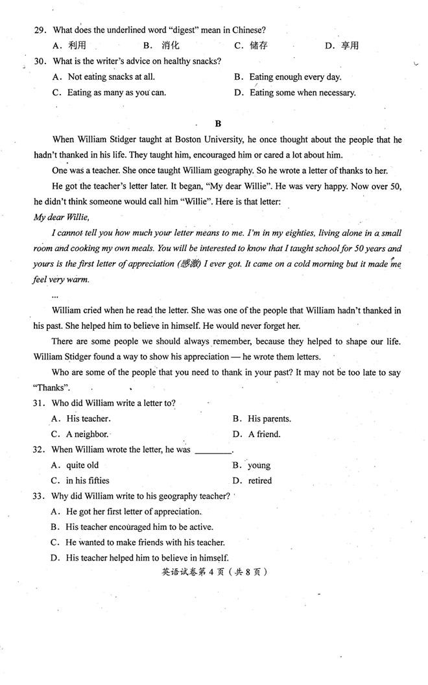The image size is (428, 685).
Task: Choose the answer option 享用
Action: [x=350, y=45]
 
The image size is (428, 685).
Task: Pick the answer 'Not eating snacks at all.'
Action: [x=111, y=77]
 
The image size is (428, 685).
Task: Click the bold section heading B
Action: [x=218, y=123]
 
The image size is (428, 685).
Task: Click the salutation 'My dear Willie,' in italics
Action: [x=61, y=217]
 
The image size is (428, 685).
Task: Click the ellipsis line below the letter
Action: [x=54, y=295]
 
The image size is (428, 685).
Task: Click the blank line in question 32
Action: [x=213, y=450]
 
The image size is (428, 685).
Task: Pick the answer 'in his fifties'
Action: [x=88, y=481]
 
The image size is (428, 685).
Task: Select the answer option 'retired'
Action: [x=259, y=481]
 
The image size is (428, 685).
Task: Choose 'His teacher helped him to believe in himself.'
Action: [x=147, y=558]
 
